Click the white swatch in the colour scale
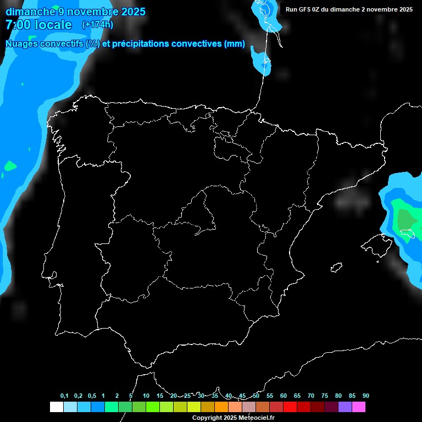point(56,407)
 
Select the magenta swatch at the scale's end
point(359,407)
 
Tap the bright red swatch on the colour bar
point(290,407)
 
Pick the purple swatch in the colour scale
point(345,407)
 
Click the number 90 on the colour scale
point(366,396)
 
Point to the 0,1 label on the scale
point(64,396)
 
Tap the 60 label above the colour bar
point(284,396)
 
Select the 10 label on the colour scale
point(146,396)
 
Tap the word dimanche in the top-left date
point(29,12)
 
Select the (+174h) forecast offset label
point(97,25)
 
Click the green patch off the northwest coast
point(10,165)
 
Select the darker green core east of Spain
point(406,220)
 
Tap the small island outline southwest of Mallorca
point(337,267)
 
